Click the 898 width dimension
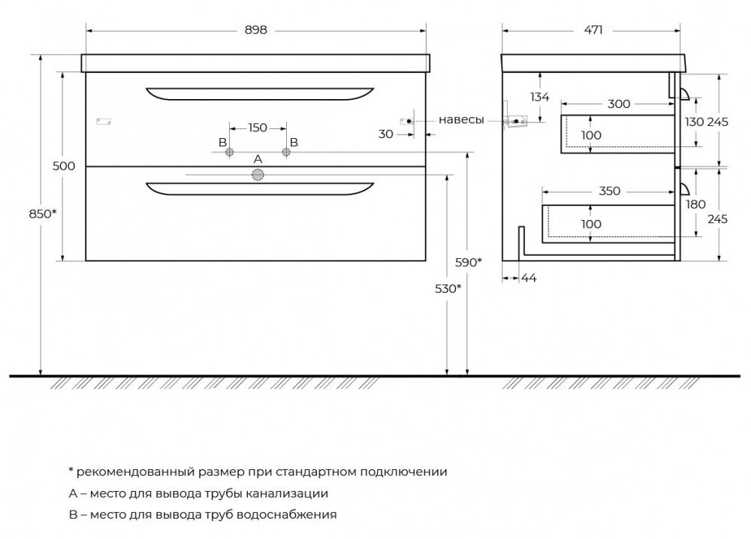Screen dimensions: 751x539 point(256,30)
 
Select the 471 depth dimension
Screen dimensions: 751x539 point(593,30)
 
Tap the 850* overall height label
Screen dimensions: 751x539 point(43,214)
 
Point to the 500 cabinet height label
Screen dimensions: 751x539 point(64,166)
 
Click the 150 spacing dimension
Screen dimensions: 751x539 point(258,128)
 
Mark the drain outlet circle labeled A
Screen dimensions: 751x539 point(258,175)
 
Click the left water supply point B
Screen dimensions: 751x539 point(230,152)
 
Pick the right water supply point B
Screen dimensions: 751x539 point(286,152)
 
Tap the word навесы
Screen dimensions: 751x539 point(461,119)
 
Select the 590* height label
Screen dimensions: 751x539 point(469,262)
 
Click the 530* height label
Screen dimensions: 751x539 point(448,289)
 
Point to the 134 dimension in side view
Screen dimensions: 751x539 point(539,97)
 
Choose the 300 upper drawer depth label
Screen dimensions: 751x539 point(619,104)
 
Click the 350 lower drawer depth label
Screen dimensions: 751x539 point(609,191)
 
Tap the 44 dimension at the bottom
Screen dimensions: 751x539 point(528,278)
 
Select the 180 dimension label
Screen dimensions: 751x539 point(695,204)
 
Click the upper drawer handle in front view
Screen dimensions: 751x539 point(260,94)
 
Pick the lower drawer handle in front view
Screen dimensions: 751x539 point(260,188)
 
